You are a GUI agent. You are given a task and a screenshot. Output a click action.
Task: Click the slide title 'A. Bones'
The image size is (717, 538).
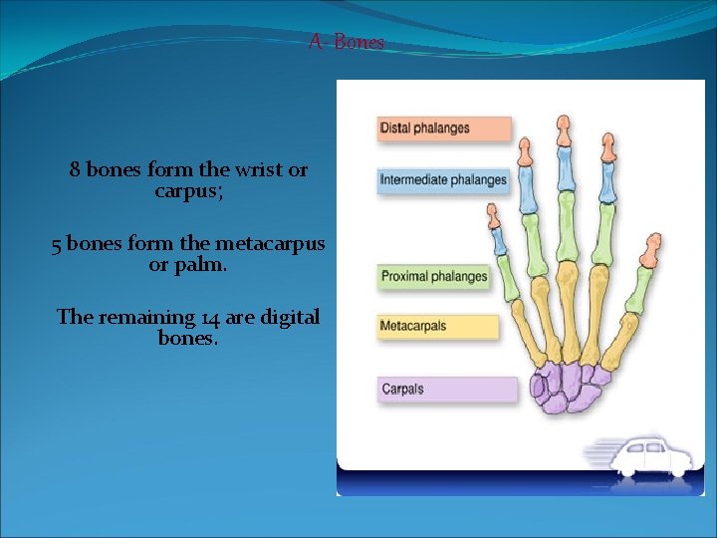pos(346,42)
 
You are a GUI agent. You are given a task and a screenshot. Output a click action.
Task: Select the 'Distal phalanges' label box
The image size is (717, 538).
pos(444,129)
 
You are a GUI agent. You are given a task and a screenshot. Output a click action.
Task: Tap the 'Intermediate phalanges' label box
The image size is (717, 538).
pos(444,180)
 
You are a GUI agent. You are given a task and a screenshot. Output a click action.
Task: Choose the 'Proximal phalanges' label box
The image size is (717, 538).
pos(434,276)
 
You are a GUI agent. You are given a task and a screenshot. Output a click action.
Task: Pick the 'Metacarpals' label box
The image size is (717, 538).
pos(437,326)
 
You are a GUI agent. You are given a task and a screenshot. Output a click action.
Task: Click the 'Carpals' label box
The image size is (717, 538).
pos(447,389)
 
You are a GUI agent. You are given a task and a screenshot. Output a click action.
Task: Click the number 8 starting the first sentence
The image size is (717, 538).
pos(75,170)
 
